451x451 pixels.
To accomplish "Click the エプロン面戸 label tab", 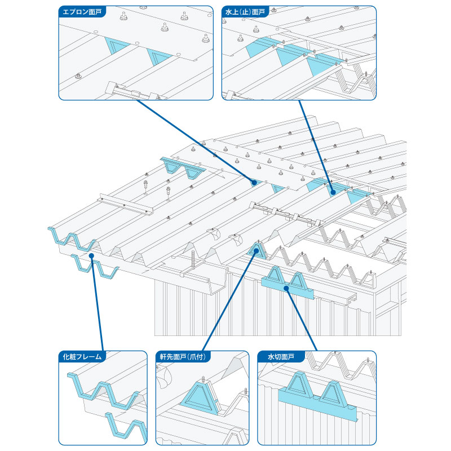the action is pos(82,12).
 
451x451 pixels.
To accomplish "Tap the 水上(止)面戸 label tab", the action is pos(245,12).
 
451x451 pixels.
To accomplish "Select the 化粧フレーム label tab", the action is pos(82,357).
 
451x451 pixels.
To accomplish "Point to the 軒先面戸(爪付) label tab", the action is pos(183,357).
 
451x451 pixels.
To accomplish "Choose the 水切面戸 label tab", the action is pos(281,357).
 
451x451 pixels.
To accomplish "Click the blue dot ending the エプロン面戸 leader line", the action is pos(254,182).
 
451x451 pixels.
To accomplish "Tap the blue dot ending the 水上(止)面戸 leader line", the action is pos(333,192).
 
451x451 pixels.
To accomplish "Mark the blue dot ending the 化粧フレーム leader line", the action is pos(91,255).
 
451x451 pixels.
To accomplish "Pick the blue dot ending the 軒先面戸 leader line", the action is pos(257,250).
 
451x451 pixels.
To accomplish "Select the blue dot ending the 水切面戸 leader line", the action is pos(286,288).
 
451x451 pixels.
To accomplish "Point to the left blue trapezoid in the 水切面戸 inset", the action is pos(300,385).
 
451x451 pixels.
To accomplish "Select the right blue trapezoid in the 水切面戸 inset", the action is pos(334,393).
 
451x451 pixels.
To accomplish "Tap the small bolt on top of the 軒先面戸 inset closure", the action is pos(204,379).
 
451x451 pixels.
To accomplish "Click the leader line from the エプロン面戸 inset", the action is pos(195,142).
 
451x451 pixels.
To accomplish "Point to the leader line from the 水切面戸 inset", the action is pos(302,320).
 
